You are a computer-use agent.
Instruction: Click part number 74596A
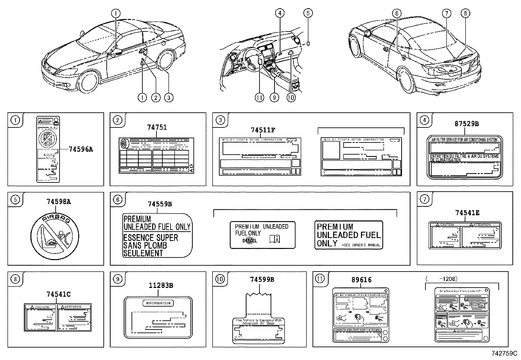pos(81,149)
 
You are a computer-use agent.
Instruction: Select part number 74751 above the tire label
pos(157,127)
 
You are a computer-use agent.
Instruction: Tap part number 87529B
pos(466,123)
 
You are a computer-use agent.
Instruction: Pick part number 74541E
pos(467,213)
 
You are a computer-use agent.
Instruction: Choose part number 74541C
pos(58,294)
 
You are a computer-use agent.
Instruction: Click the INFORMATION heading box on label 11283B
pos(158,303)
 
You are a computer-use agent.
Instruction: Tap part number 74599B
pos(262,279)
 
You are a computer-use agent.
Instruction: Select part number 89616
pos(361,280)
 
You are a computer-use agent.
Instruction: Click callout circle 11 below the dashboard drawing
pos(259,97)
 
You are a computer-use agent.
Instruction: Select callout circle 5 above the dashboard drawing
pos(308,13)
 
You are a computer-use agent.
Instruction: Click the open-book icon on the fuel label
pos(275,239)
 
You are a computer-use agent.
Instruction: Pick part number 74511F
pos(263,130)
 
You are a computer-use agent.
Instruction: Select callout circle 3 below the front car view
pos(168,97)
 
